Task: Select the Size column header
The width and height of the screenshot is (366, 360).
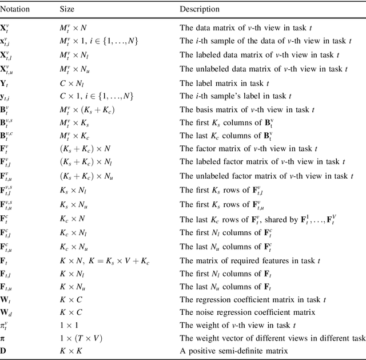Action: tap(67, 9)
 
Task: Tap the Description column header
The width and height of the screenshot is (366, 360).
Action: tap(199, 9)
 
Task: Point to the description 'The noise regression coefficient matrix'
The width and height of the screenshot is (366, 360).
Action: tap(247, 312)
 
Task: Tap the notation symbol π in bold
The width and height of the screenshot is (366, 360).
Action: tap(5, 338)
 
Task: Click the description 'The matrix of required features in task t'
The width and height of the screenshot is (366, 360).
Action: tap(250, 260)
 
